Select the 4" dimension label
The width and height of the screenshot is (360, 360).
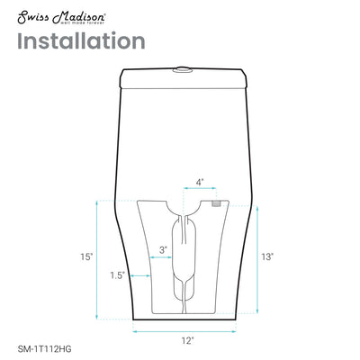(199, 183)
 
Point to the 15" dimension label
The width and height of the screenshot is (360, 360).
(85, 257)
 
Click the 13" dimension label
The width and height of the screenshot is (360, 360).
(268, 256)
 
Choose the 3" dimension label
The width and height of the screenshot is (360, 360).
(163, 249)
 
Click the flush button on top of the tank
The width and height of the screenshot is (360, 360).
(184, 67)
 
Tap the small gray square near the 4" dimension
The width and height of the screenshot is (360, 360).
(216, 204)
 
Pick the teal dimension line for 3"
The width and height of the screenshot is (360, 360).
(164, 259)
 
